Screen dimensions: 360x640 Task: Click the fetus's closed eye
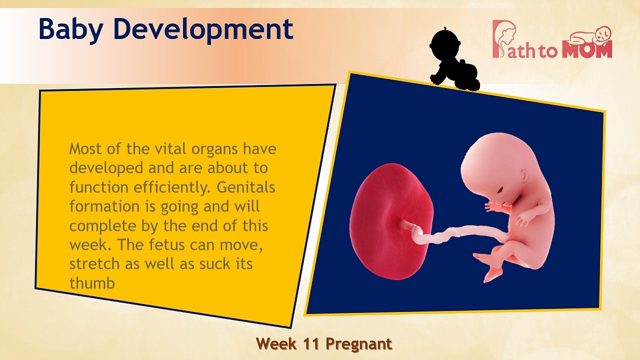(500, 190)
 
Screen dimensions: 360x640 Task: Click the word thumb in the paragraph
(92, 283)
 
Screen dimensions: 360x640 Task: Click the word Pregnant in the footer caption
(358, 344)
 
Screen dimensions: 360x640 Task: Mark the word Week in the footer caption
(276, 344)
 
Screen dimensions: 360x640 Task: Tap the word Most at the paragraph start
(85, 149)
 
